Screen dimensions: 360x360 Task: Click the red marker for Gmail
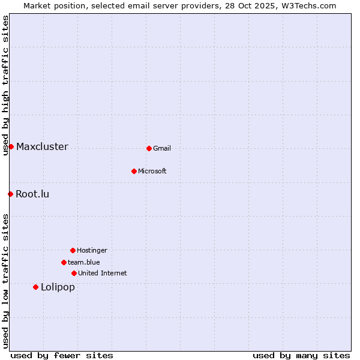(x=149, y=148)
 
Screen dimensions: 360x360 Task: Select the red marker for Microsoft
(x=134, y=171)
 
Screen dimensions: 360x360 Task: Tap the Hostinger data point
(x=73, y=250)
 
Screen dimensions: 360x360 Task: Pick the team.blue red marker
(x=64, y=262)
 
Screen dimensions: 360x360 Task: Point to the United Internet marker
(x=74, y=273)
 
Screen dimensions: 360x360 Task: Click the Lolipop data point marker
(x=35, y=287)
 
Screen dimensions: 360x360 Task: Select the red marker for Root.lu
(x=10, y=194)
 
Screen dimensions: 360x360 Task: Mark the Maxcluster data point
(x=11, y=146)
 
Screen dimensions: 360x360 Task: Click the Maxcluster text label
(x=42, y=147)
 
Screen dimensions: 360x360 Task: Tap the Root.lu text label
(x=32, y=194)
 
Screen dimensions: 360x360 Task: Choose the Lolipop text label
(x=58, y=287)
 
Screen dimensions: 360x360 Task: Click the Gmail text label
(x=162, y=149)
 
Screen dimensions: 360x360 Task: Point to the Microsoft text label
(x=152, y=172)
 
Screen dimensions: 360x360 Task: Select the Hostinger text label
(x=92, y=251)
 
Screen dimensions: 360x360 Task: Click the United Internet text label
(x=102, y=274)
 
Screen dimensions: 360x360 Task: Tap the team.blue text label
(x=84, y=263)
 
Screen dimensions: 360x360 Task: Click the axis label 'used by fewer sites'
(x=62, y=356)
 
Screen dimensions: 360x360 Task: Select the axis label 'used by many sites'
(x=301, y=356)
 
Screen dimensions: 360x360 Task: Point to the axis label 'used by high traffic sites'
(x=5, y=85)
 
